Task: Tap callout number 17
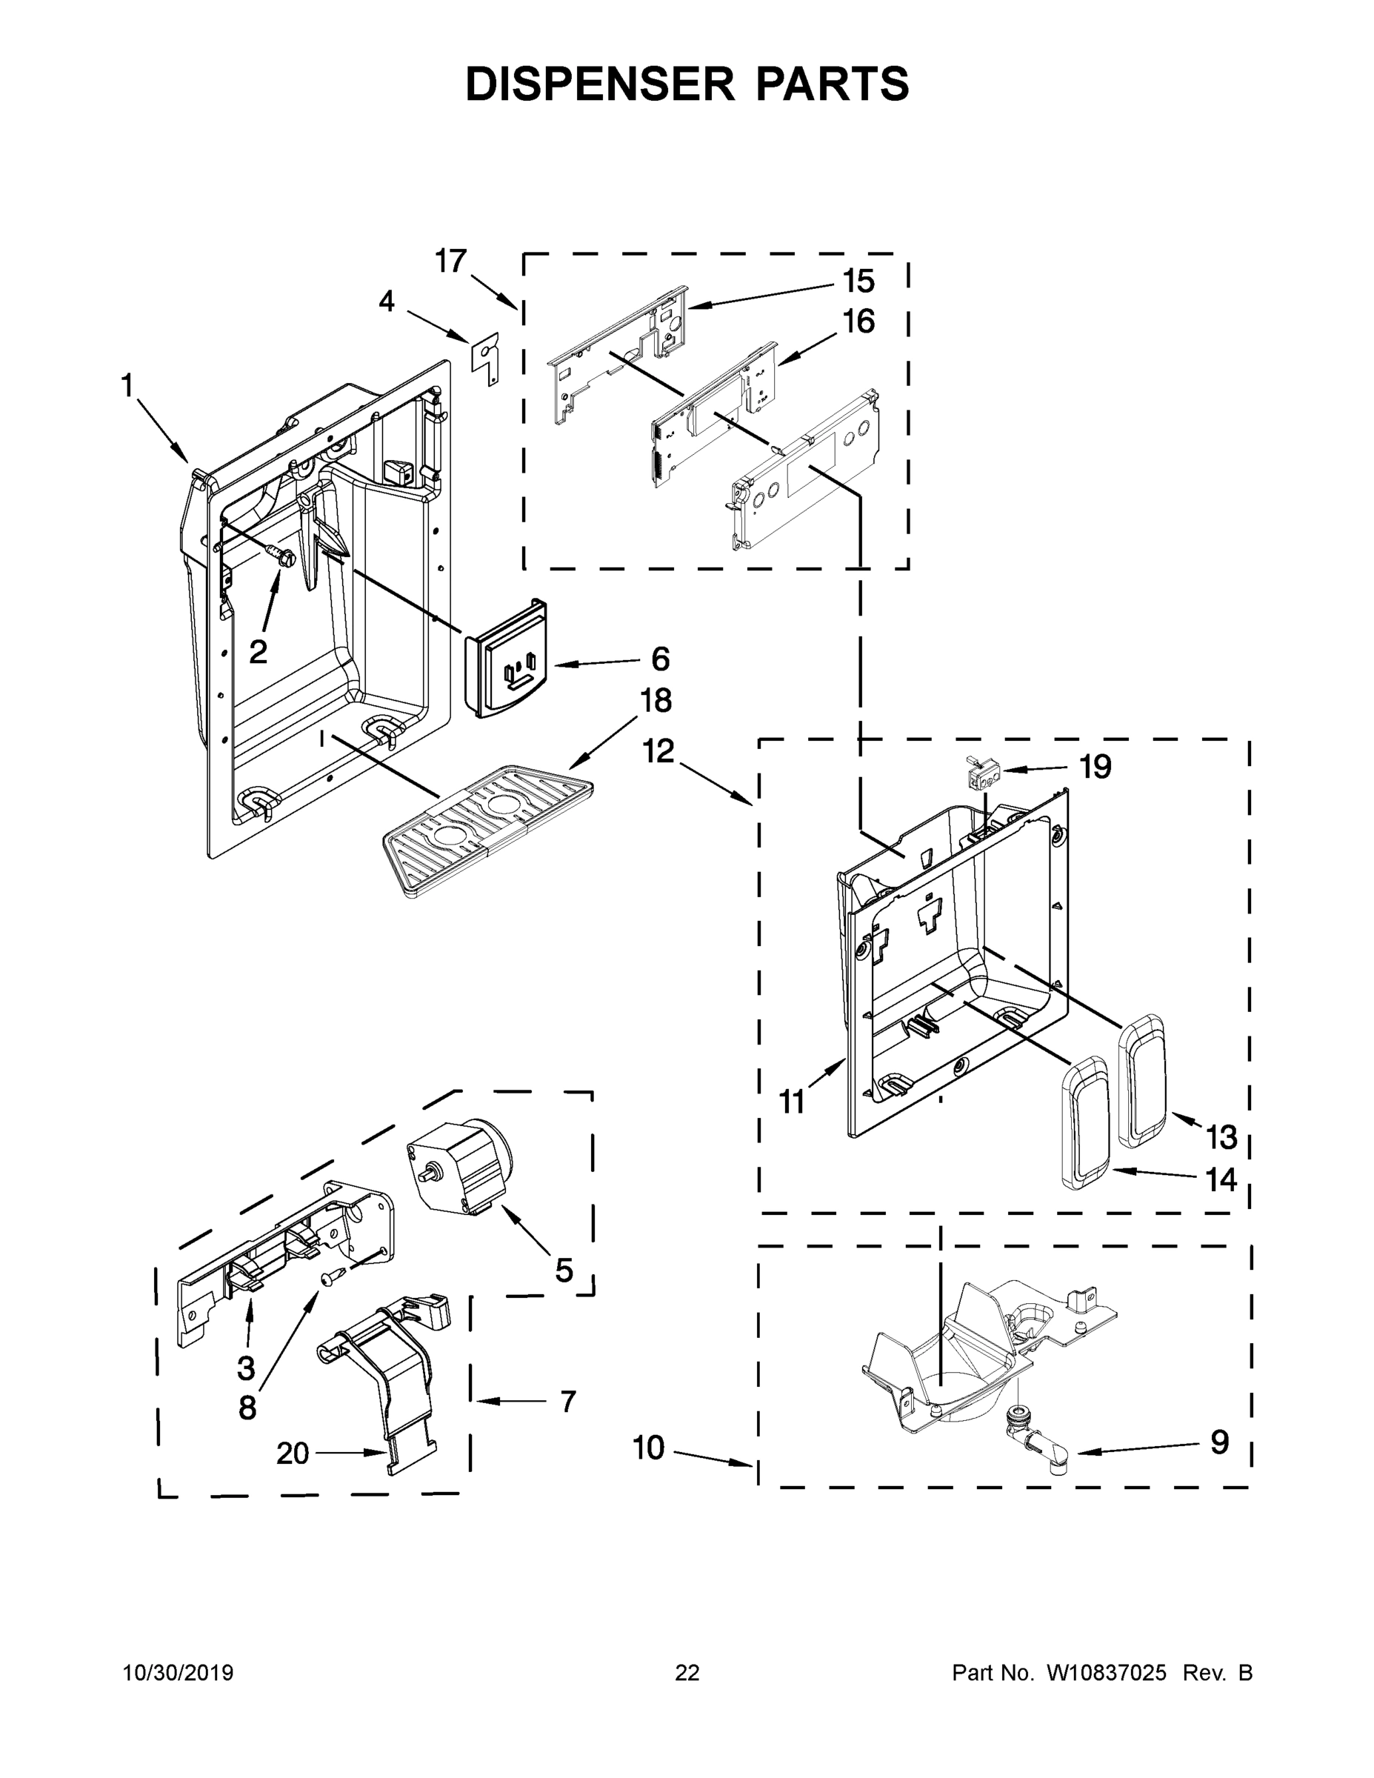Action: click(450, 262)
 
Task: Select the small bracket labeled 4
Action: click(486, 359)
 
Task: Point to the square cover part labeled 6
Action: click(507, 659)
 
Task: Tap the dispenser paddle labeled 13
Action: click(1143, 1082)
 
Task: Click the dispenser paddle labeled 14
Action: click(1085, 1128)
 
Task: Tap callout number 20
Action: click(293, 1454)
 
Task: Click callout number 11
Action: click(791, 1102)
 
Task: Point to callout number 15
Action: click(858, 282)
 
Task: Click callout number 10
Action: click(649, 1448)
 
